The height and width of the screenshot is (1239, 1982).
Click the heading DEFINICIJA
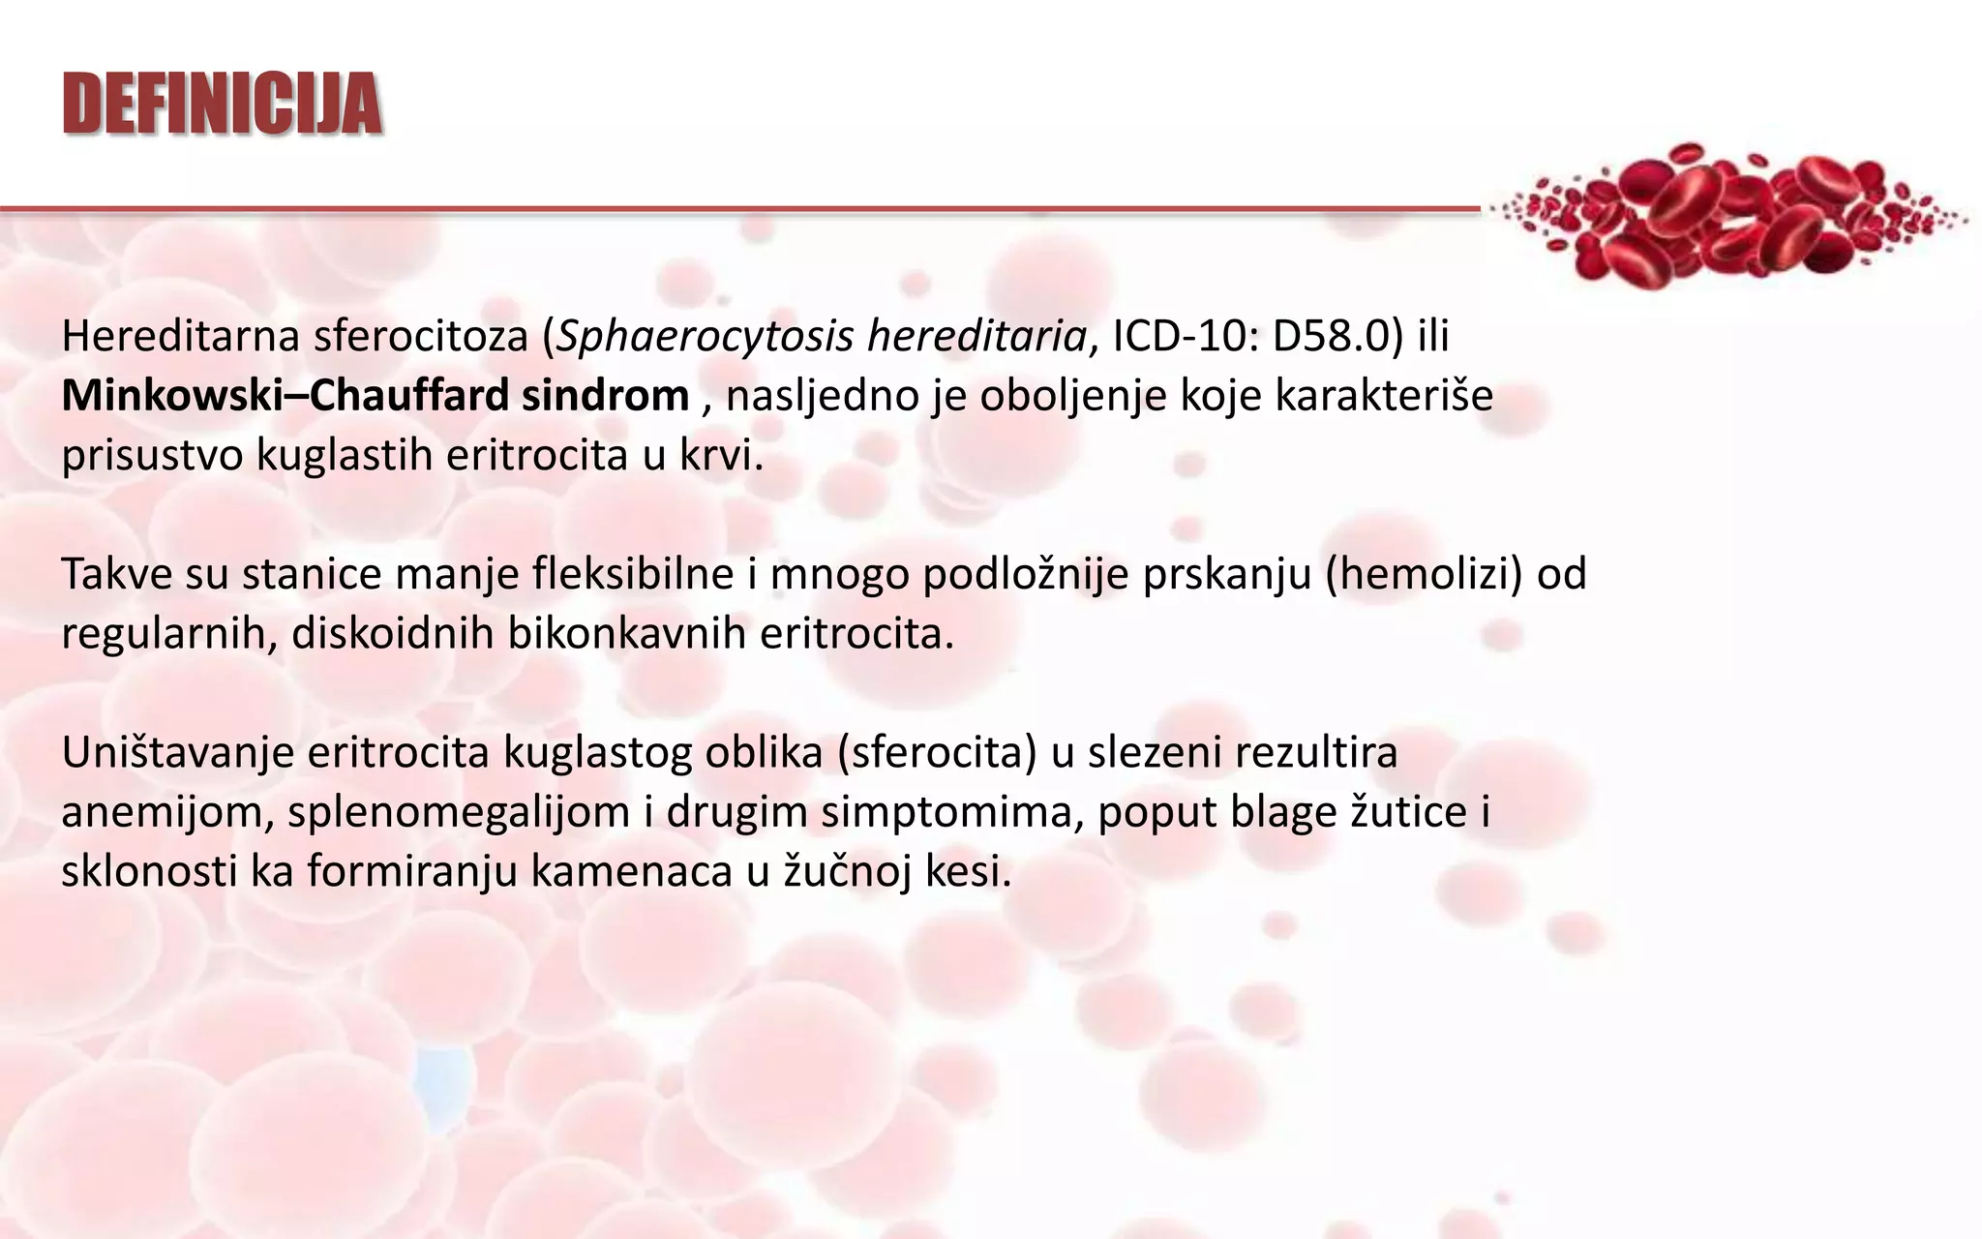(223, 104)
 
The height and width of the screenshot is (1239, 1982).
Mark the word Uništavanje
(177, 753)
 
